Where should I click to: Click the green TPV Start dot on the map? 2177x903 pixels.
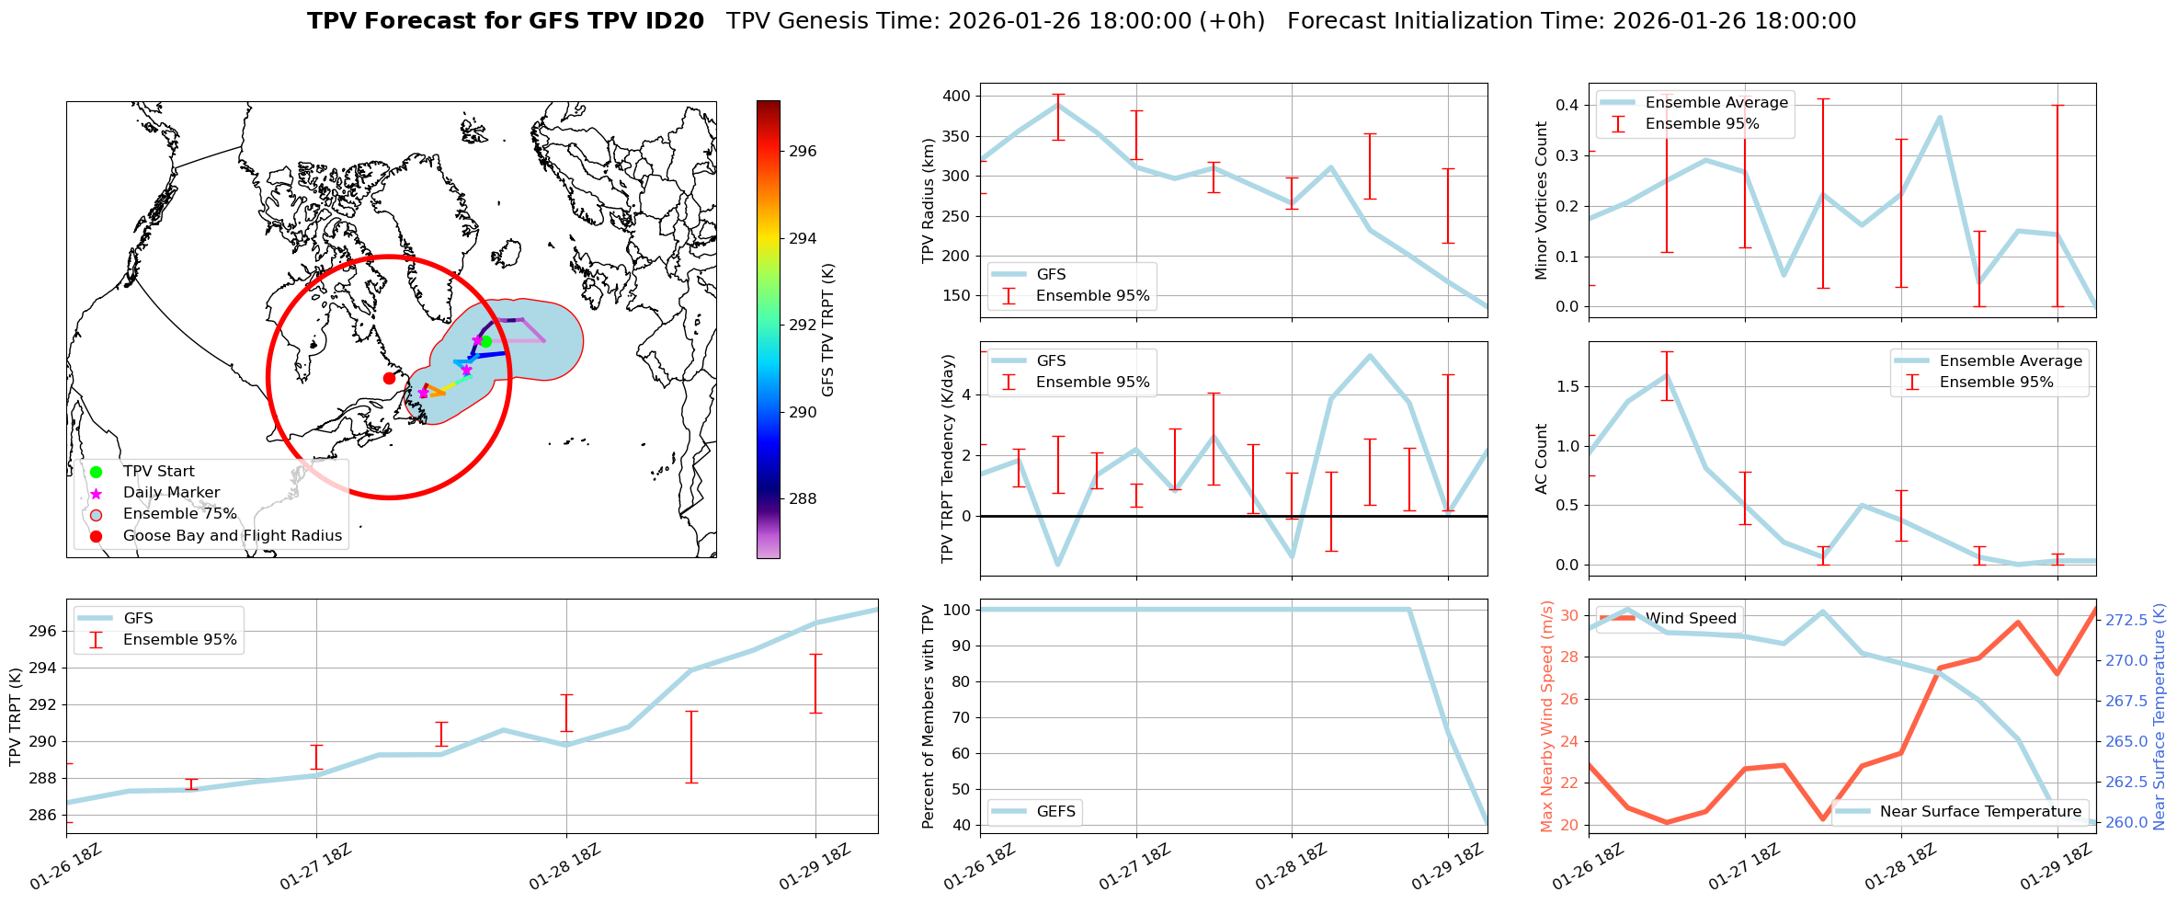485,342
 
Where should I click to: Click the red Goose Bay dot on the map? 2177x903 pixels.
389,378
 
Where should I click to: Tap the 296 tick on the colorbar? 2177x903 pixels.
803,152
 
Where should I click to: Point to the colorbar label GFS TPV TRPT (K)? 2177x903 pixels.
828,330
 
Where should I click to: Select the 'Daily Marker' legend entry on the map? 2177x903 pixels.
171,493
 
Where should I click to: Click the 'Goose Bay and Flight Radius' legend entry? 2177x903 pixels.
232,536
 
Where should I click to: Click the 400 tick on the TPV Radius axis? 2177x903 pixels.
955,97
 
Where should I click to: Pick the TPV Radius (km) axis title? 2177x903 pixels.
929,200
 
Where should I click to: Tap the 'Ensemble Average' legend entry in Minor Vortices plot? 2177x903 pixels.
1716,103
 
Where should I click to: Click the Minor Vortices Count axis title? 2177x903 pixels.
1542,200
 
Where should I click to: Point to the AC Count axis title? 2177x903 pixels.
1542,459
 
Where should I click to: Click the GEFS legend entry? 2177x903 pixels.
1055,812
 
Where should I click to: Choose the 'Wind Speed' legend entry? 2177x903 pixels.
1691,619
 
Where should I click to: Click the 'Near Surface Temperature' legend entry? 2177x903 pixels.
1980,812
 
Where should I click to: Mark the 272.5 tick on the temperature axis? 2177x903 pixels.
2126,621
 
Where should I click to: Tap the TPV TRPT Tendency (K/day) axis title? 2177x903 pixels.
948,459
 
